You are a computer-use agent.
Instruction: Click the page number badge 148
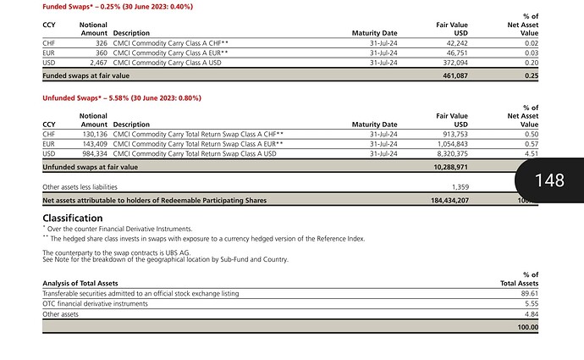coord(551,180)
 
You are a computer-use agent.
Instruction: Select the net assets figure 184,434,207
coord(446,200)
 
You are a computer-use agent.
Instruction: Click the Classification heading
coord(73,218)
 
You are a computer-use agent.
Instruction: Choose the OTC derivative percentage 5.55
coord(529,303)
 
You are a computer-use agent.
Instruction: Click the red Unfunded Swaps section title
coord(122,98)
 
